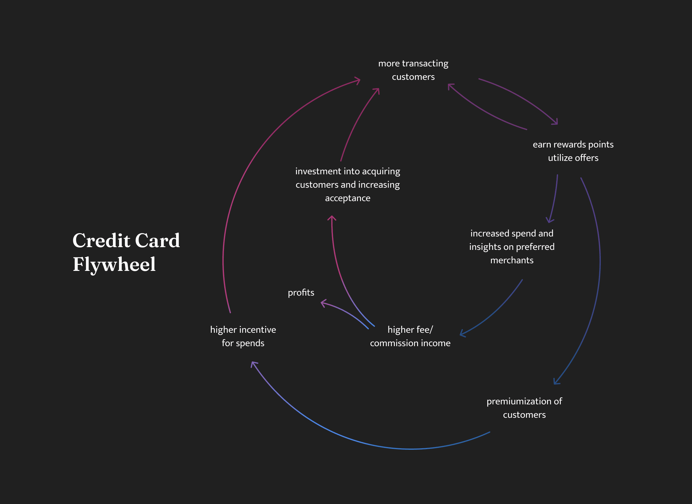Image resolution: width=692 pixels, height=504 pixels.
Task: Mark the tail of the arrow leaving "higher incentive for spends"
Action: point(230,313)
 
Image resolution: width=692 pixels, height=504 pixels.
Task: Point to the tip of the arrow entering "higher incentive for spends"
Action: point(252,362)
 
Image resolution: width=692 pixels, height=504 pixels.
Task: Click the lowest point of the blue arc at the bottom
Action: point(411,449)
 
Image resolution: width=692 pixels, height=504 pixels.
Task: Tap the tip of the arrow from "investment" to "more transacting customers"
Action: point(379,88)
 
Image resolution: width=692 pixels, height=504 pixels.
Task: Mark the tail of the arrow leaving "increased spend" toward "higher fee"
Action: point(522,279)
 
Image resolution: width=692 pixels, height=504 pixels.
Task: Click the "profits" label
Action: point(301,293)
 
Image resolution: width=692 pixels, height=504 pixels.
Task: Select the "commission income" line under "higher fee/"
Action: point(410,343)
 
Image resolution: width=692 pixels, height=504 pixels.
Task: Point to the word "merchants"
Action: point(512,260)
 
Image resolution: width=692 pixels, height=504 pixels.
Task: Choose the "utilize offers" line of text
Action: point(573,158)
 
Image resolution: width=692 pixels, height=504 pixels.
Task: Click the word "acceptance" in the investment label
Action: point(348,199)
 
